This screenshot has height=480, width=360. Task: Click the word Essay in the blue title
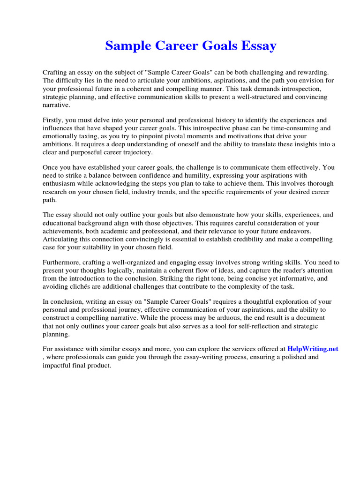pyautogui.click(x=257, y=46)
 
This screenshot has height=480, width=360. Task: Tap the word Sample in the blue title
pyautogui.click(x=124, y=46)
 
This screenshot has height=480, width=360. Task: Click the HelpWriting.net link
pyautogui.click(x=313, y=349)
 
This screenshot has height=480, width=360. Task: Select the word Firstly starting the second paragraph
pyautogui.click(x=53, y=120)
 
